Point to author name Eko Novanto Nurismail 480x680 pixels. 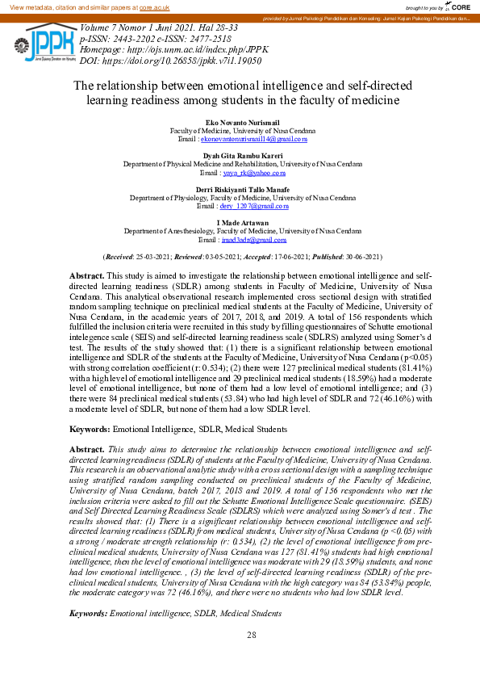pyautogui.click(x=240, y=122)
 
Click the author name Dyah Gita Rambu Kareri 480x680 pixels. pyautogui.click(x=240, y=155)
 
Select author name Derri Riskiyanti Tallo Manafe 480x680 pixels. pyautogui.click(x=240, y=189)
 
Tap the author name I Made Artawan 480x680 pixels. pyautogui.click(x=240, y=222)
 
